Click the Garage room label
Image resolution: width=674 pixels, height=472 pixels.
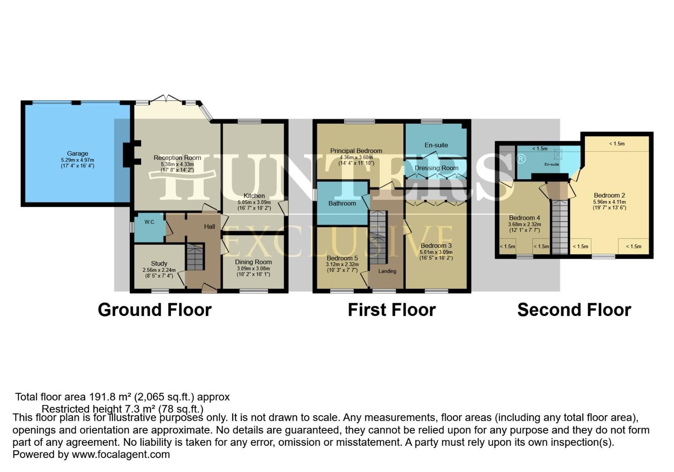tap(77, 153)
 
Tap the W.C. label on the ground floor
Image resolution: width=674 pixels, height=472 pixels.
tap(149, 222)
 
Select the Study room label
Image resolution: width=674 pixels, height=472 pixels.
tap(159, 264)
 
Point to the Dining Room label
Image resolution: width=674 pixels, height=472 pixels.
tap(254, 262)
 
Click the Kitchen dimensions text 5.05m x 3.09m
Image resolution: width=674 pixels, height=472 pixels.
tap(254, 202)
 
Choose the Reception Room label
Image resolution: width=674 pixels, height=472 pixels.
tap(177, 158)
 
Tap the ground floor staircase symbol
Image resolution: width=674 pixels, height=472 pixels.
tap(195, 257)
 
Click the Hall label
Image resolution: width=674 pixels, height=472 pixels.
tap(209, 226)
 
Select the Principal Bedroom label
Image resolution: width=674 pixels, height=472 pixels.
tap(356, 151)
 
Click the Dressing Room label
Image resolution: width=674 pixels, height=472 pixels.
tap(436, 168)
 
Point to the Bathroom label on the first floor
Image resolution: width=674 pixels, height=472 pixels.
tap(342, 203)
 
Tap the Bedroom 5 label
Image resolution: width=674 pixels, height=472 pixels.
tap(342, 258)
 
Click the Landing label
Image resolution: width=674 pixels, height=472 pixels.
tap(387, 271)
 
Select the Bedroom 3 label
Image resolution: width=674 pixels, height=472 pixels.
tap(436, 246)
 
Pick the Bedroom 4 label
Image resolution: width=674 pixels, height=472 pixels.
tap(525, 218)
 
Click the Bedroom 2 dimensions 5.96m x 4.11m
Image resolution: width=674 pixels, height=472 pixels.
tap(609, 202)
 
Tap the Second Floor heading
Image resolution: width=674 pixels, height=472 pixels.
tap(574, 310)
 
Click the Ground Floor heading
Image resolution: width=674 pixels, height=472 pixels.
tap(155, 310)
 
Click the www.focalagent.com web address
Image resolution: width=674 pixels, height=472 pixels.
tap(121, 454)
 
